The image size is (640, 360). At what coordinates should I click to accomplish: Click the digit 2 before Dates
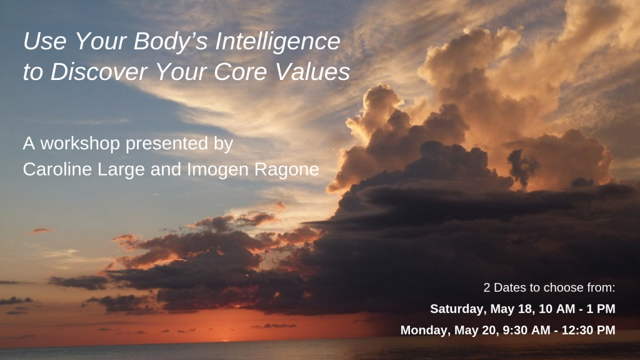[x=487, y=288]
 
